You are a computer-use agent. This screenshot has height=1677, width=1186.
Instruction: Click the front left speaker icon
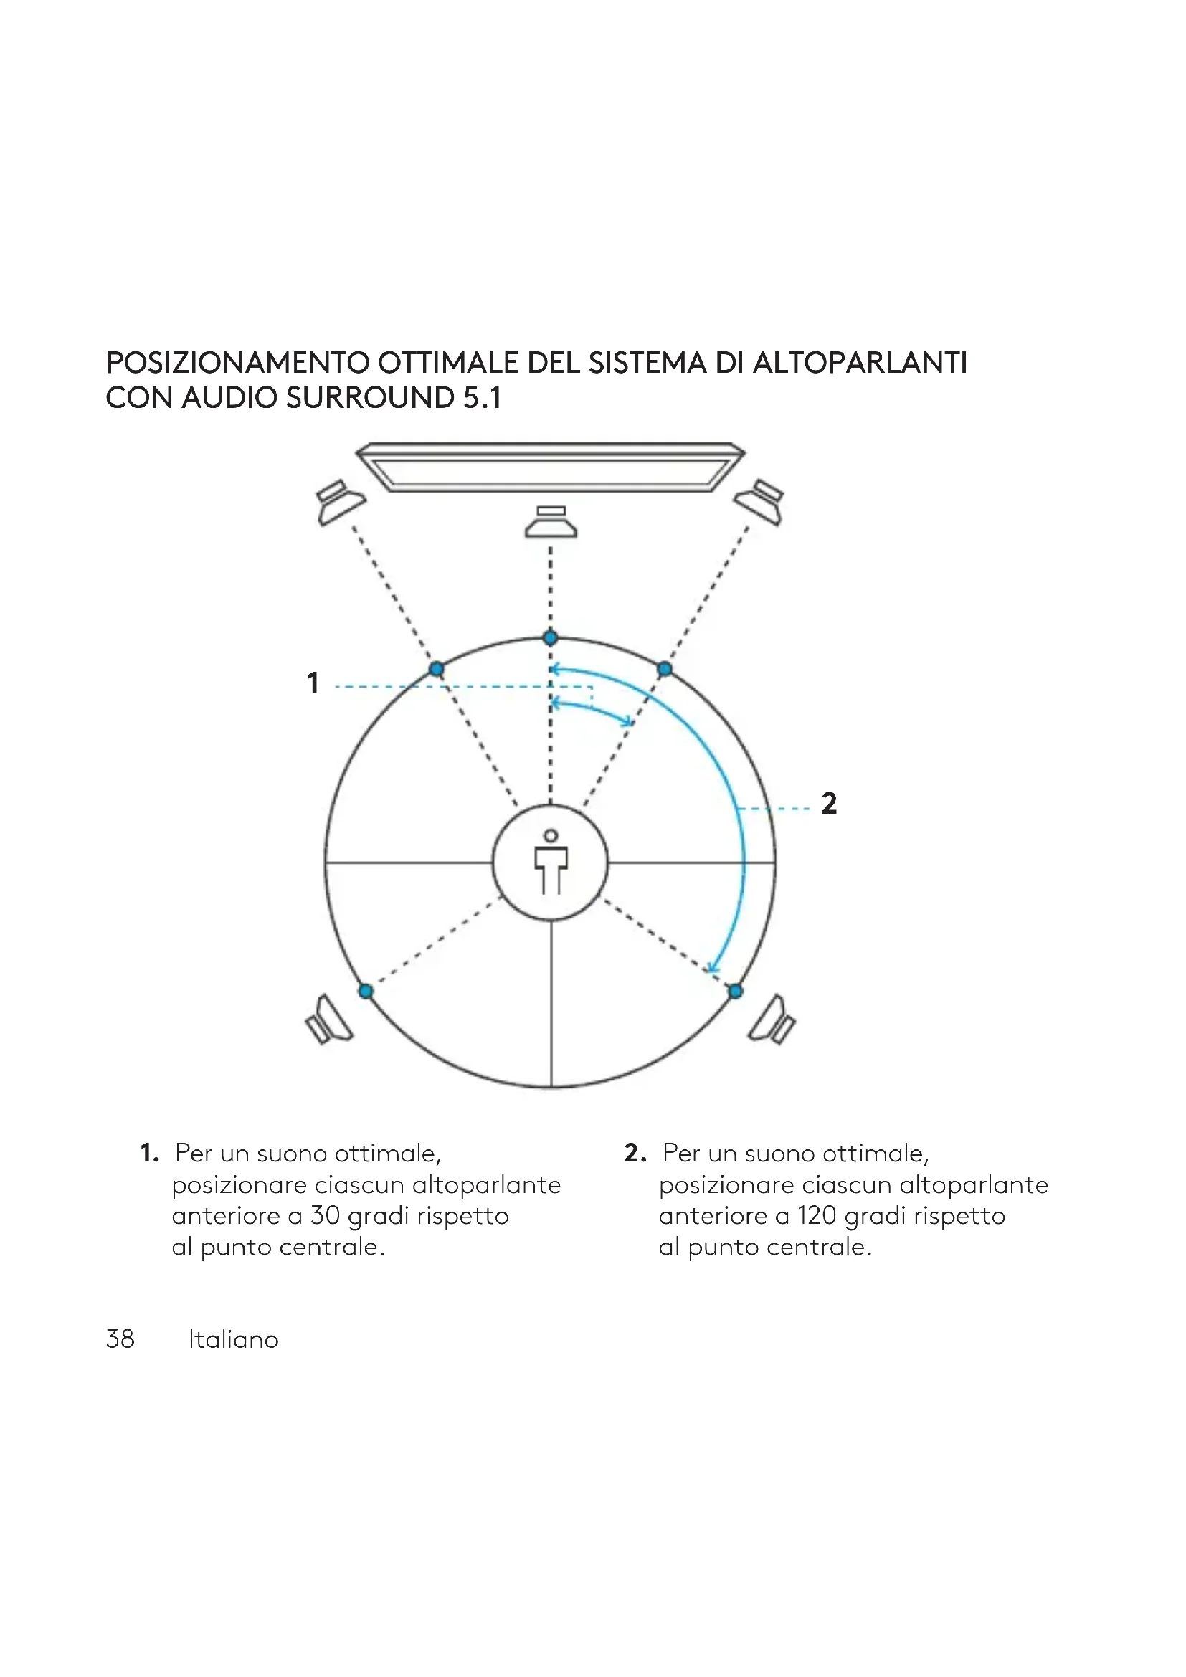point(340,502)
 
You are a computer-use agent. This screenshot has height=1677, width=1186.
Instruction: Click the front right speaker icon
point(759,502)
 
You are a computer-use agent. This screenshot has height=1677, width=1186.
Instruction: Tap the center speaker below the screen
point(551,521)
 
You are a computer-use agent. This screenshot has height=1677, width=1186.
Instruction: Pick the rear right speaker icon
point(773,1020)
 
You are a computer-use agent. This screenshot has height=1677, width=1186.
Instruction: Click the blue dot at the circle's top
point(551,637)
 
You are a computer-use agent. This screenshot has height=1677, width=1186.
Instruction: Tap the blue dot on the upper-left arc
point(437,668)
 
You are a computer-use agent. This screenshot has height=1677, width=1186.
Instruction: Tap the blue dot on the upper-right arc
point(665,668)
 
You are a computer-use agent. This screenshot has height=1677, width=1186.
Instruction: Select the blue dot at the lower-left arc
point(366,991)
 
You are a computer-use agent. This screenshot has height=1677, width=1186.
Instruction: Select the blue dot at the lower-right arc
point(736,991)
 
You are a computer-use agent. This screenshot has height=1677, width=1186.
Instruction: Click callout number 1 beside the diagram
point(313,683)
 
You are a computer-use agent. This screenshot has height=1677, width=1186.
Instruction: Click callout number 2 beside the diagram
point(829,804)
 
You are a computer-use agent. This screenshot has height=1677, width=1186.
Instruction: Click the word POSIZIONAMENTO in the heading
point(238,363)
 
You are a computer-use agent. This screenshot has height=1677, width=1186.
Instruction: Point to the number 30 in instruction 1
point(326,1215)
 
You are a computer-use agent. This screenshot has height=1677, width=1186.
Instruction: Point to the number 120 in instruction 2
point(817,1215)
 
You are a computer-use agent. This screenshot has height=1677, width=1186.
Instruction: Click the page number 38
point(120,1339)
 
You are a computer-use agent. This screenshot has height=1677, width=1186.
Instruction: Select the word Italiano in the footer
point(234,1339)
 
